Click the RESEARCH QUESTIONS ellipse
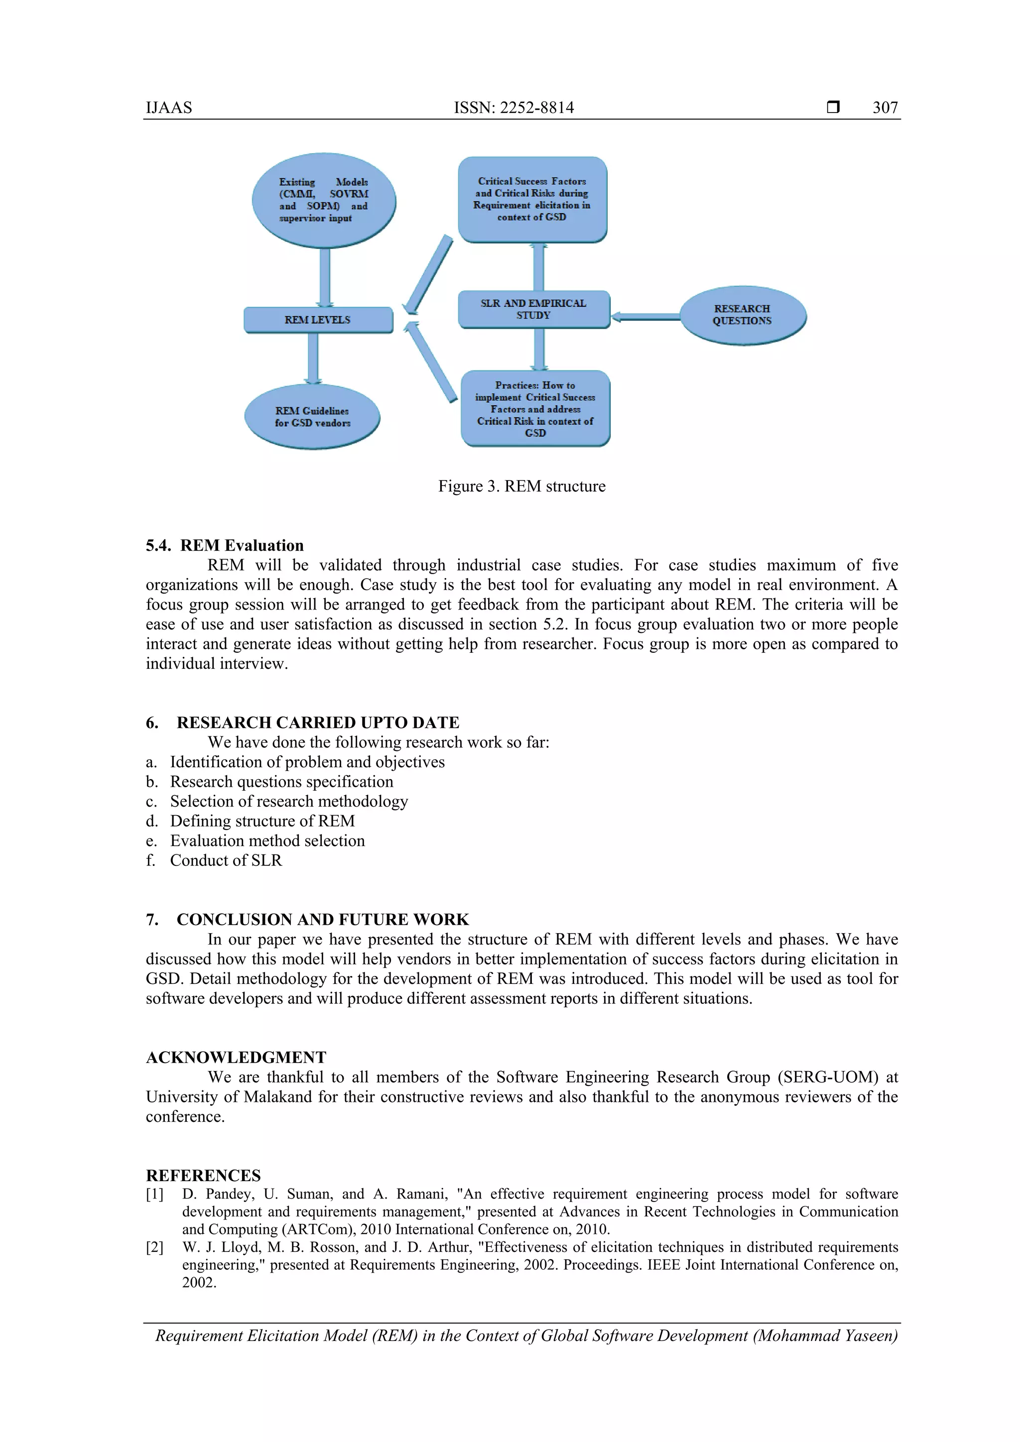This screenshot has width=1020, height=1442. (743, 315)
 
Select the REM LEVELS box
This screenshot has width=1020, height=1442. (318, 320)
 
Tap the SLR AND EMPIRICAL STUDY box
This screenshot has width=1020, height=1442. (533, 309)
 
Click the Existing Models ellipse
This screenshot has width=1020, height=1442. (323, 200)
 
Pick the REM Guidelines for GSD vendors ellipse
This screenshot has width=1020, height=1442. (312, 417)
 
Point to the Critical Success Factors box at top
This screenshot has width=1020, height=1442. (532, 199)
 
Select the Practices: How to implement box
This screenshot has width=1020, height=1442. (535, 409)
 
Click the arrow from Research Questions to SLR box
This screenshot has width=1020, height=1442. (645, 317)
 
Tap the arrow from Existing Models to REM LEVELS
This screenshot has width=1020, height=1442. (325, 276)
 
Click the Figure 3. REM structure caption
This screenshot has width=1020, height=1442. (521, 486)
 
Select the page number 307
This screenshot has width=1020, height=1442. (885, 108)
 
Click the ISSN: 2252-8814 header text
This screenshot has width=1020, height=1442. (514, 108)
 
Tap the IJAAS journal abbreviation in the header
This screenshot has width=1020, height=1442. (169, 108)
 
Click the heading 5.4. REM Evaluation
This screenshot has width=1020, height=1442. (225, 545)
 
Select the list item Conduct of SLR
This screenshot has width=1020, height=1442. (226, 860)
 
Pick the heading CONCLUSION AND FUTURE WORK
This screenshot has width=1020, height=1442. (322, 920)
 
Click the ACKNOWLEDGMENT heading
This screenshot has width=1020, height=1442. (236, 1057)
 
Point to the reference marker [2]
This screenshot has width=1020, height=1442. (154, 1247)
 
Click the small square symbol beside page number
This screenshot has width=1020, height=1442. (833, 108)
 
